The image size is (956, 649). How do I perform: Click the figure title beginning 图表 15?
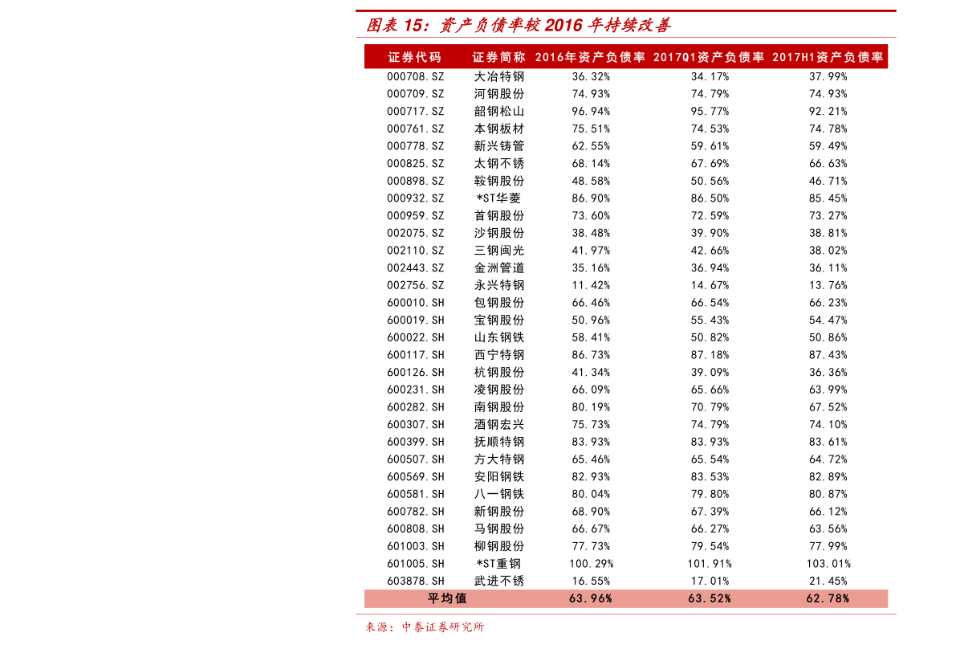[x=519, y=25]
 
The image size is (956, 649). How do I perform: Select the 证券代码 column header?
[x=415, y=57]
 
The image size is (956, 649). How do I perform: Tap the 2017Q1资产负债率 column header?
[x=709, y=57]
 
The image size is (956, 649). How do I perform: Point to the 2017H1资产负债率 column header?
[x=828, y=57]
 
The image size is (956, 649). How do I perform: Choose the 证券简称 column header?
[x=498, y=57]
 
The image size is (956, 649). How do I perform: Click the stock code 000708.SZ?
[x=415, y=77]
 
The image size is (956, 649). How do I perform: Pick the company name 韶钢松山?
[x=498, y=112]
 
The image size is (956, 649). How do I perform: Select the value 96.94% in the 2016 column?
[x=591, y=112]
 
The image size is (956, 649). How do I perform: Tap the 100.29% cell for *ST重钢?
[x=591, y=564]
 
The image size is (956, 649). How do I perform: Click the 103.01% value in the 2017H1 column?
[x=828, y=564]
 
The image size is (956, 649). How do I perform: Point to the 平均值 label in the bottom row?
[x=447, y=599]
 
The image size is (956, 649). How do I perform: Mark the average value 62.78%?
[x=828, y=599]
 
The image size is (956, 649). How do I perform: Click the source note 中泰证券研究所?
[x=442, y=627]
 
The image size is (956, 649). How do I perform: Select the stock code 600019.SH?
[x=415, y=320]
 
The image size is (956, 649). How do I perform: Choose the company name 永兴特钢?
[x=498, y=285]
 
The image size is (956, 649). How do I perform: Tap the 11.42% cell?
[x=591, y=285]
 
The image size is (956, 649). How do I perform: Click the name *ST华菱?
[x=498, y=198]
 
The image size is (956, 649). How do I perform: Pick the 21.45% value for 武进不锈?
[x=828, y=582]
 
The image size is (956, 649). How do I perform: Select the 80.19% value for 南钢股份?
[x=591, y=407]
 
